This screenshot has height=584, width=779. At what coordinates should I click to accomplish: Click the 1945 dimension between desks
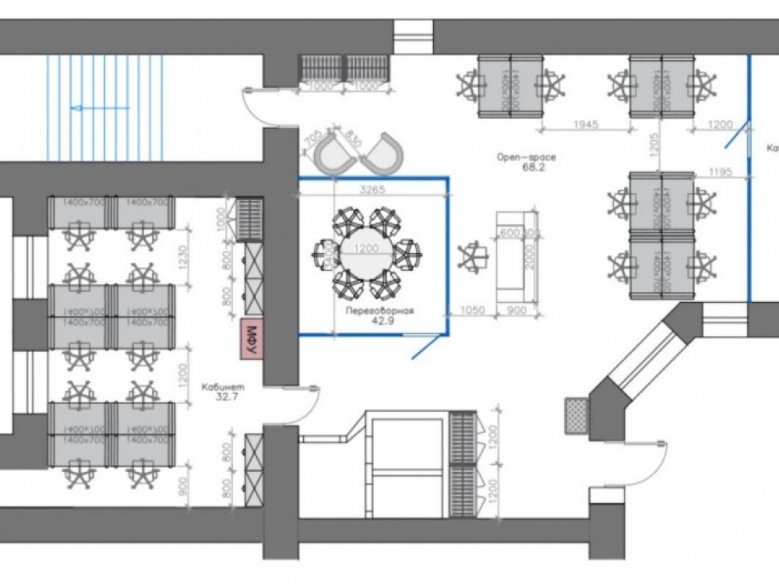click(585, 124)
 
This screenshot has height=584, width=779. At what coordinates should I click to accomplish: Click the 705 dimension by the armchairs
click(313, 140)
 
